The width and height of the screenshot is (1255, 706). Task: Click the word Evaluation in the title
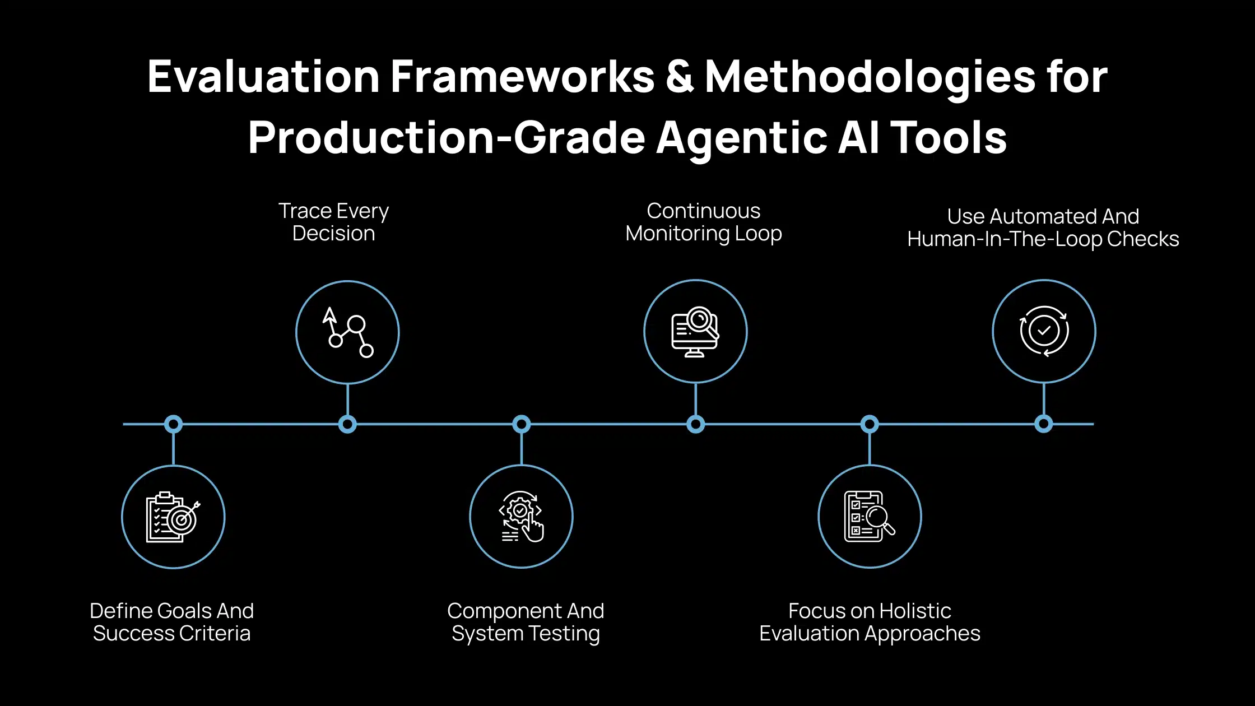coord(263,77)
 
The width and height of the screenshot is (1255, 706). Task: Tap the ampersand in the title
coord(680,77)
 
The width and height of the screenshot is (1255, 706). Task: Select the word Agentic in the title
coord(741,138)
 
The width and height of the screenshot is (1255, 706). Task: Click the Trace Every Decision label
coord(334,222)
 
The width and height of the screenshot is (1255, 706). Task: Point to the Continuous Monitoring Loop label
coord(703,222)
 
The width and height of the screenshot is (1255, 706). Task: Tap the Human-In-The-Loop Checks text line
coord(1043,239)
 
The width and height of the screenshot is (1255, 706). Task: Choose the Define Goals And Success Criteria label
coord(171,622)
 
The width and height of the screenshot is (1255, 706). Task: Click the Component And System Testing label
coord(526,622)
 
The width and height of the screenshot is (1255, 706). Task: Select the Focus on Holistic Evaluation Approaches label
coord(870,622)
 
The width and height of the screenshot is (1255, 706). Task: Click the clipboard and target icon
coord(173,517)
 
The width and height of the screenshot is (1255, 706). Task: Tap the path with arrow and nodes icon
coord(347,332)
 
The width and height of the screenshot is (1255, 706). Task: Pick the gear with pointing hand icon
coord(521,517)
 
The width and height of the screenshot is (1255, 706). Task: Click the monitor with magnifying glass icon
coord(695,331)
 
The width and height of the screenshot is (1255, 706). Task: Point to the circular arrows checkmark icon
coord(1044,331)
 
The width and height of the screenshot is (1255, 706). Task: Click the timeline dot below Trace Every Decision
coord(347,424)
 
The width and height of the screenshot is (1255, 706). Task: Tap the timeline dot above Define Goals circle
coord(173,424)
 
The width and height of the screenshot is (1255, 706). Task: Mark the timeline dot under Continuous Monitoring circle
coord(695,424)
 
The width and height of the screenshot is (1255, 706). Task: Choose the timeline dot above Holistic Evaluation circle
coord(870,424)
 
